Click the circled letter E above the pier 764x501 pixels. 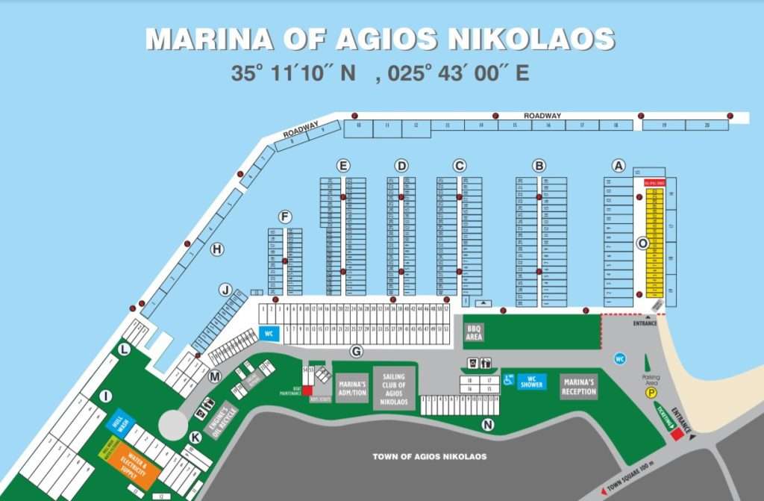pos(343,165)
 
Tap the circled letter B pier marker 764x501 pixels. pos(539,165)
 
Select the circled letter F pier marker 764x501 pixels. pos(284,217)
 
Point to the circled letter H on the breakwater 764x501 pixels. pos(217,249)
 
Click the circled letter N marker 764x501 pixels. pos(488,425)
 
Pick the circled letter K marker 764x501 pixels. pos(195,437)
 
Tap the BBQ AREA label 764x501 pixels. pos(475,332)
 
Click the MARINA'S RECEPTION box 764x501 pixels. pos(579,387)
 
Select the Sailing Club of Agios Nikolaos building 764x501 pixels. pos(395,388)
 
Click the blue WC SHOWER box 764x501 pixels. pos(532,382)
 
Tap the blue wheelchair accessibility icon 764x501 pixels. pos(508,379)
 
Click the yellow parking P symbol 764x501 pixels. pos(651,392)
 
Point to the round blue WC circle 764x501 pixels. pos(619,358)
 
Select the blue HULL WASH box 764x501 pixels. pos(122,422)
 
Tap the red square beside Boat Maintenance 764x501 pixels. pos(307,390)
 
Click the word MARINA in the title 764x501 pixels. pos(195,40)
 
